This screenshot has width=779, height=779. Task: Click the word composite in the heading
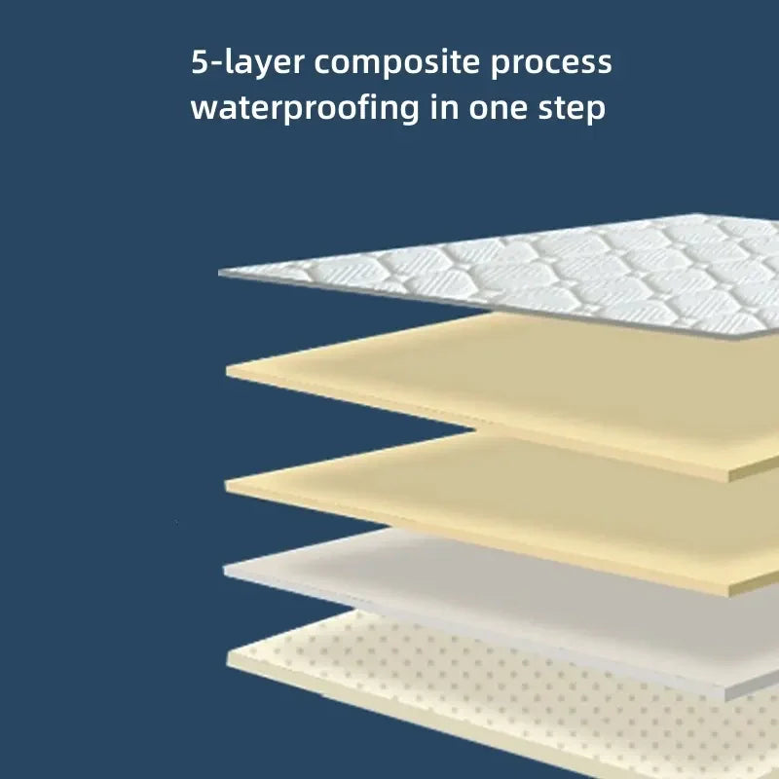397,63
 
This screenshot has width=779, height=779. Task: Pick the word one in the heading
499,109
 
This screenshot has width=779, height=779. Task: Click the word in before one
444,107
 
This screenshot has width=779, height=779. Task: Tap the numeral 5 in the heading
200,62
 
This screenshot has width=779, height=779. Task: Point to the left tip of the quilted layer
219,273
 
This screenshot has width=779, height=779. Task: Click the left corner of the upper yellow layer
227,370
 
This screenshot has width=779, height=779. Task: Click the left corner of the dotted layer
228,658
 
